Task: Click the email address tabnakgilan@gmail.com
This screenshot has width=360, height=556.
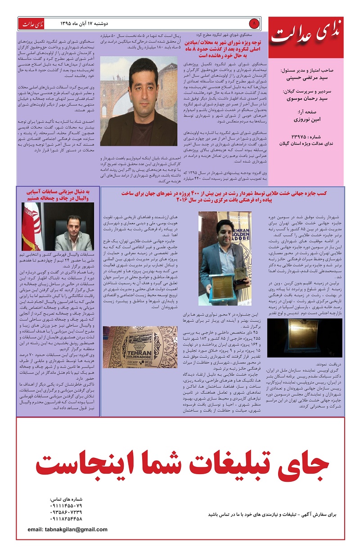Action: (67, 529)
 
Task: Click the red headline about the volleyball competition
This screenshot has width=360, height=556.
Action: (58, 194)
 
